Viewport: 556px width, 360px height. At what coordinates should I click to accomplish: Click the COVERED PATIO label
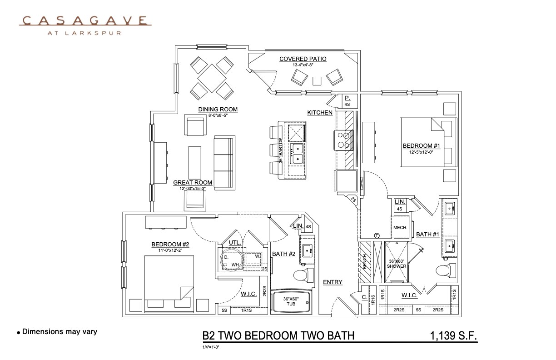(x=303, y=59)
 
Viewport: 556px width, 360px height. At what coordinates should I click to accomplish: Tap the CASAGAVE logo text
(x=85, y=20)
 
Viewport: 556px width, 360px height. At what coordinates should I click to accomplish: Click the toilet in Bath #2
(x=301, y=275)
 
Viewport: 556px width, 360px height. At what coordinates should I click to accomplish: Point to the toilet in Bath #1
(x=445, y=270)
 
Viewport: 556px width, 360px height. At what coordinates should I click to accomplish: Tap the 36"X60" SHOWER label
(x=397, y=264)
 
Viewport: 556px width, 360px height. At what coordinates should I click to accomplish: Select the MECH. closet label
(x=400, y=228)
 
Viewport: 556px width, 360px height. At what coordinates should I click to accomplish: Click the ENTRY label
(x=333, y=282)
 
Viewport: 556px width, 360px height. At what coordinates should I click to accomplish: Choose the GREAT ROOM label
(x=193, y=183)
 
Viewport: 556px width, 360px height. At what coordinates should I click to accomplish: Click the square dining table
(x=212, y=78)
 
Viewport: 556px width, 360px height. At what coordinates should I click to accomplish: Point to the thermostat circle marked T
(x=377, y=235)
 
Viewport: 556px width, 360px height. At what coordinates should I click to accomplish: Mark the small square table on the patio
(x=317, y=80)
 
